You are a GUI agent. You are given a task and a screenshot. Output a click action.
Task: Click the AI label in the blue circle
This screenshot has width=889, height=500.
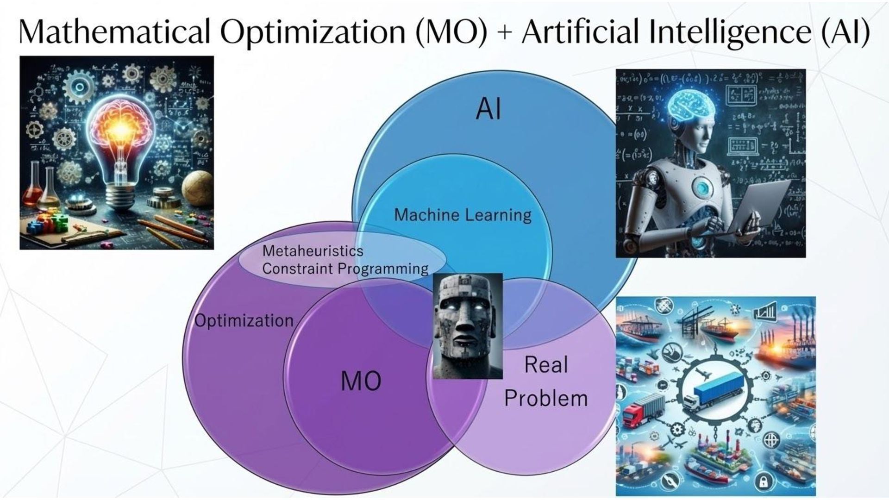pyautogui.click(x=488, y=110)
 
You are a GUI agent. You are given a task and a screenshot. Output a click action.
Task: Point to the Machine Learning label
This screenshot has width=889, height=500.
pyautogui.click(x=463, y=215)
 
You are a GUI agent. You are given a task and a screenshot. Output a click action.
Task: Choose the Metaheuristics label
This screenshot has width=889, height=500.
pyautogui.click(x=313, y=251)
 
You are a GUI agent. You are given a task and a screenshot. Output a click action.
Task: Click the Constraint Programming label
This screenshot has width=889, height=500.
pyautogui.click(x=345, y=269)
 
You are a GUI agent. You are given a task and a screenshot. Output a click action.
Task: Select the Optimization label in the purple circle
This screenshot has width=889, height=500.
pyautogui.click(x=244, y=320)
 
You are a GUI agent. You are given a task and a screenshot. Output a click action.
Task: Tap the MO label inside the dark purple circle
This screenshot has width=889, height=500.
pyautogui.click(x=361, y=381)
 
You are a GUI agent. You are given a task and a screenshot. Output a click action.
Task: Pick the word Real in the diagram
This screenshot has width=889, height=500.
pyautogui.click(x=546, y=365)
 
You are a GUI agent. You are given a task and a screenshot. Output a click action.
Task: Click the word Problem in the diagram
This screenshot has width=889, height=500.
pyautogui.click(x=546, y=398)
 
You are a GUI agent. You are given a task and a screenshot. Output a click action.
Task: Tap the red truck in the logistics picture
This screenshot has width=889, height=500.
pyautogui.click(x=641, y=412)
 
